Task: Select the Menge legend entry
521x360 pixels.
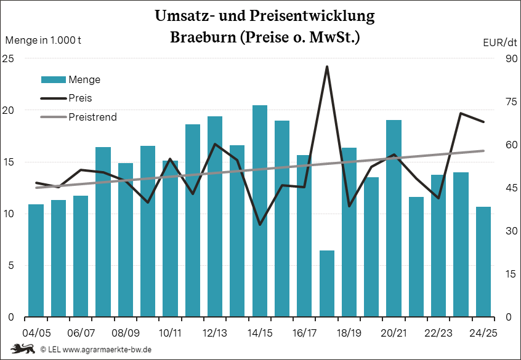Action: coord(84,79)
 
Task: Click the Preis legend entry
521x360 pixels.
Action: coord(81,98)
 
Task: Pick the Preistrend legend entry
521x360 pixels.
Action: coord(92,117)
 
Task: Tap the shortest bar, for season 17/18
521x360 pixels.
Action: coord(327,284)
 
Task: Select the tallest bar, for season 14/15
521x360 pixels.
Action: coord(260,211)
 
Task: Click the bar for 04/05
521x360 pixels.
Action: coord(36,260)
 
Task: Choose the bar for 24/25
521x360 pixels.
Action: coord(483,262)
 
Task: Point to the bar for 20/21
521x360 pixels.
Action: coord(394,218)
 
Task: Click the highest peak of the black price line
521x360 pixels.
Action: coord(327,66)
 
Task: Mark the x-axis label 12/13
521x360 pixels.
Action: coord(214,333)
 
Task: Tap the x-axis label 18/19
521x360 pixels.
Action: coord(349,333)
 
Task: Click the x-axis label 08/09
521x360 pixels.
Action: coord(126,333)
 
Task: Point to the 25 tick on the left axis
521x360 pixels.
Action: coord(8,58)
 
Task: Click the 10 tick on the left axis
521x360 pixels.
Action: coord(8,214)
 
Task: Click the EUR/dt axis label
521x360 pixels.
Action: coord(499,42)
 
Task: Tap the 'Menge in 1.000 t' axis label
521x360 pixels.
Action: coord(43,41)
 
